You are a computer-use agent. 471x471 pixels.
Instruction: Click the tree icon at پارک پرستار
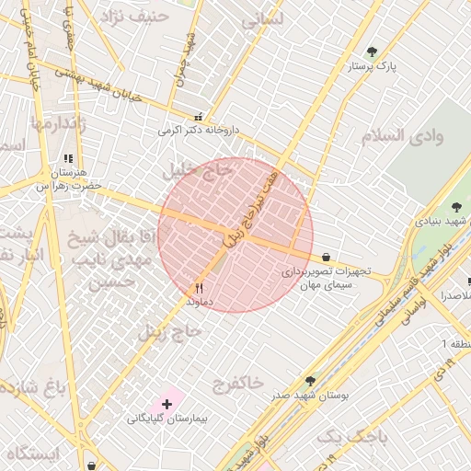[372, 52]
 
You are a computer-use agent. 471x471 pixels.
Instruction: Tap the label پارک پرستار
[372, 67]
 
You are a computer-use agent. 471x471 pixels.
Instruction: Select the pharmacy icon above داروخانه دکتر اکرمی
[198, 117]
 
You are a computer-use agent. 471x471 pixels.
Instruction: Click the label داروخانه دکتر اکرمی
[198, 131]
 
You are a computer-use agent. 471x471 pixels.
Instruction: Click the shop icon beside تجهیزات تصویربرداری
[327, 258]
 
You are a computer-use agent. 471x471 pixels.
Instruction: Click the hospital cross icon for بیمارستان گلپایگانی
[167, 403]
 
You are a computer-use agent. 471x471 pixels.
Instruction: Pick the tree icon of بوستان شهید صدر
[309, 380]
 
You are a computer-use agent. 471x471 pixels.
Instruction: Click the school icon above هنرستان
[68, 158]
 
